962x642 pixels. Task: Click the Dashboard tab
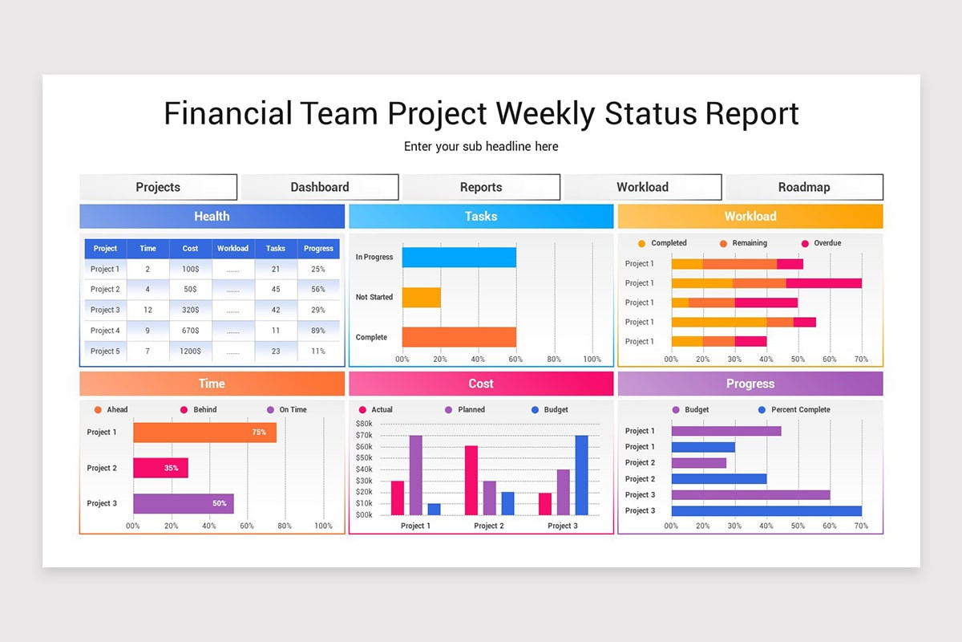pyautogui.click(x=320, y=187)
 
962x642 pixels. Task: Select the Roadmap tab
pyautogui.click(x=804, y=187)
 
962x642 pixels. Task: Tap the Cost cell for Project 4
pyautogui.click(x=190, y=331)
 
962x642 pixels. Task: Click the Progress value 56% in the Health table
pyautogui.click(x=318, y=289)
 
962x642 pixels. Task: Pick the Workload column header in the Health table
pyautogui.click(x=232, y=249)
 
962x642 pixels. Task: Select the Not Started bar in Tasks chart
pyautogui.click(x=422, y=298)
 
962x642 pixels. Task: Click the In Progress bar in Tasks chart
pyautogui.click(x=459, y=257)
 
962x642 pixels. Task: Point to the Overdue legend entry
pyautogui.click(x=826, y=243)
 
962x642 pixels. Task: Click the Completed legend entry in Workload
pyautogui.click(x=667, y=243)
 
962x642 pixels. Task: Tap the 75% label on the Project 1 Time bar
pyautogui.click(x=259, y=433)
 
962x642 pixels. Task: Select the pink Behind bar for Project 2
pyautogui.click(x=160, y=468)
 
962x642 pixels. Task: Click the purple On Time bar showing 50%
pyautogui.click(x=184, y=503)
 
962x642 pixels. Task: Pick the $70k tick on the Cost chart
pyautogui.click(x=364, y=435)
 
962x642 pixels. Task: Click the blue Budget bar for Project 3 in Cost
pyautogui.click(x=581, y=475)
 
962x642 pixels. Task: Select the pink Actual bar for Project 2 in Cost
pyautogui.click(x=471, y=480)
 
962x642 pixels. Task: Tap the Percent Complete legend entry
pyautogui.click(x=799, y=410)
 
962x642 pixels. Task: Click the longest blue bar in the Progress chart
pyautogui.click(x=766, y=510)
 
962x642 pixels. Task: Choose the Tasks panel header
pyautogui.click(x=481, y=217)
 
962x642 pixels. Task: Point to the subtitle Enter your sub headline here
pyautogui.click(x=481, y=147)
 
